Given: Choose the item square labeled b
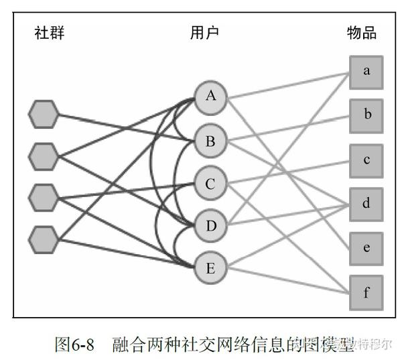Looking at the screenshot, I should coord(366,115).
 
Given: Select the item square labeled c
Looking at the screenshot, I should coord(366,160).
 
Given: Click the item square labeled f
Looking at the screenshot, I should coord(366,292).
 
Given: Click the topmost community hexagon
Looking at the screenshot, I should coord(44,114).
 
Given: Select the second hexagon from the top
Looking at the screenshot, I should coord(44,156).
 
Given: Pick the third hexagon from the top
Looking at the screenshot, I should coord(44,196).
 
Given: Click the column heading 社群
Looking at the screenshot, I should coord(50,33).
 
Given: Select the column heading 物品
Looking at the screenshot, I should coord(362,33).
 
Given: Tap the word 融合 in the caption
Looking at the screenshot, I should coord(127,345).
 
